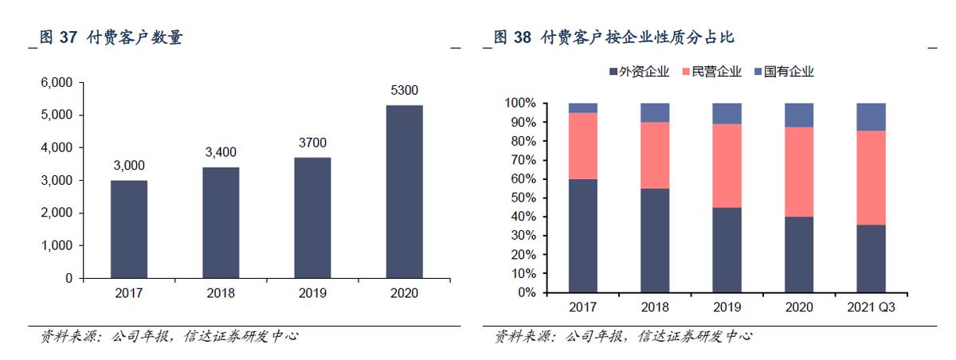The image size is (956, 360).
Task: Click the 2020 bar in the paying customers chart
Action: coord(404,192)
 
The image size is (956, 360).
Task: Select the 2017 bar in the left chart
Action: coord(128,229)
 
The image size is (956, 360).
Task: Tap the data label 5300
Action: coord(404,91)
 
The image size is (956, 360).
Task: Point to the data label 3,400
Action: coord(221,152)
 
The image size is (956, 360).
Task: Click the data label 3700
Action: coord(312,143)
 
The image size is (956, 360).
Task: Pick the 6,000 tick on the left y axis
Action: coord(57,83)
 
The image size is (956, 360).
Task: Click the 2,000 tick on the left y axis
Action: coord(57,213)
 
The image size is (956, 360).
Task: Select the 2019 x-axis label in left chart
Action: coord(312,293)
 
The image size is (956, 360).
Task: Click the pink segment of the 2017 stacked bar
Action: coord(583,146)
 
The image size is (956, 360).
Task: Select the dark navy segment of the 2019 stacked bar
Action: coord(727,250)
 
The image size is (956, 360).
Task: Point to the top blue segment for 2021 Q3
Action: coord(871,116)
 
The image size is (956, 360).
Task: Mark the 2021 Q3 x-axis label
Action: coord(871,308)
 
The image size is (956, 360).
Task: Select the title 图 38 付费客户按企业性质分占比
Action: coord(613,37)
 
